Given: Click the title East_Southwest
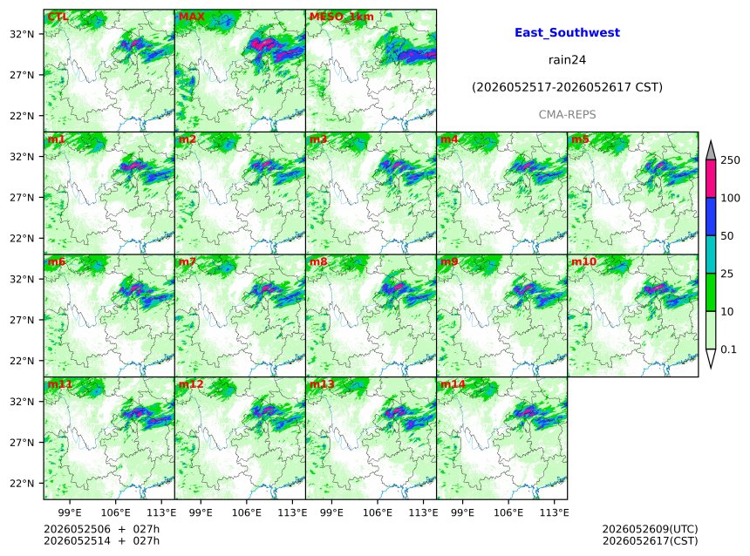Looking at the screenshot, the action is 567,32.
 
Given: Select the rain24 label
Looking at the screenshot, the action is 567,60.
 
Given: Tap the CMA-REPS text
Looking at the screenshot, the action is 567,115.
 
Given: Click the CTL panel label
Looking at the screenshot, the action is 58,17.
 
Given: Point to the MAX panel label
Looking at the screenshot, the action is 191,17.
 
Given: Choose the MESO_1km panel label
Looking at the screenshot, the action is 342,17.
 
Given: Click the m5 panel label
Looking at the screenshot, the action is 580,139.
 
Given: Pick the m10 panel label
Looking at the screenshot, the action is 583,261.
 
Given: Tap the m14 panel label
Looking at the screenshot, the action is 453,384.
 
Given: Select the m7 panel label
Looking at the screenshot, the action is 187,261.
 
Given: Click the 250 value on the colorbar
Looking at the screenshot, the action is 730,160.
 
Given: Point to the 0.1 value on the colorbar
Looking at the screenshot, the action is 728,349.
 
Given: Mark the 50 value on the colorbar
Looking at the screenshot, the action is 726,235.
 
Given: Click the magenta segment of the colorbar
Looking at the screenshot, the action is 711,179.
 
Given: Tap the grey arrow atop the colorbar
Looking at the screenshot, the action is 711,150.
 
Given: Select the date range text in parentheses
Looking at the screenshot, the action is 567,87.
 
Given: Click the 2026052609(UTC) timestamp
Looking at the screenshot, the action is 650,529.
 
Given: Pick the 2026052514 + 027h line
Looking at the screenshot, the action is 101,540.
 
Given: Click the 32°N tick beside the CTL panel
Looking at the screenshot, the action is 22,34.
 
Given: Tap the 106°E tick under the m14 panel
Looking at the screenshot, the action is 508,512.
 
